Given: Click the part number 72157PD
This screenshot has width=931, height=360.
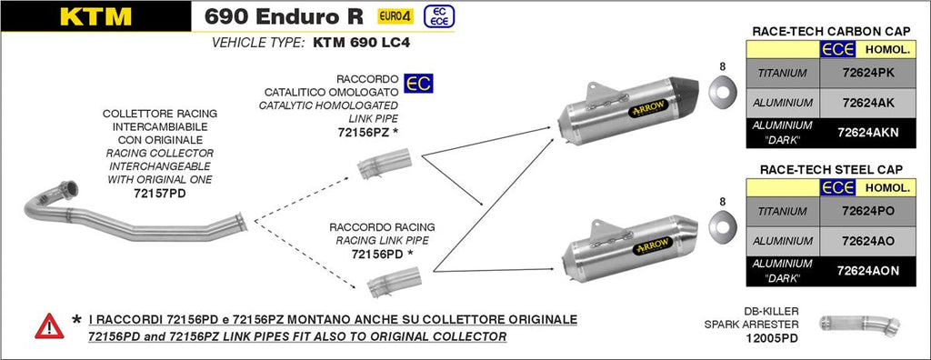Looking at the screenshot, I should pos(159,194).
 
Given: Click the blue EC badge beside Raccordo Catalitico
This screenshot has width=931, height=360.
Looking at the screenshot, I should pos(419,83).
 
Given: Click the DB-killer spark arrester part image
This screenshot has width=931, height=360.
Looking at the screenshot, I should pos(858,324).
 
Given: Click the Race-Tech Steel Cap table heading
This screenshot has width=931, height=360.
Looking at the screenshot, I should pos(826,169).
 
